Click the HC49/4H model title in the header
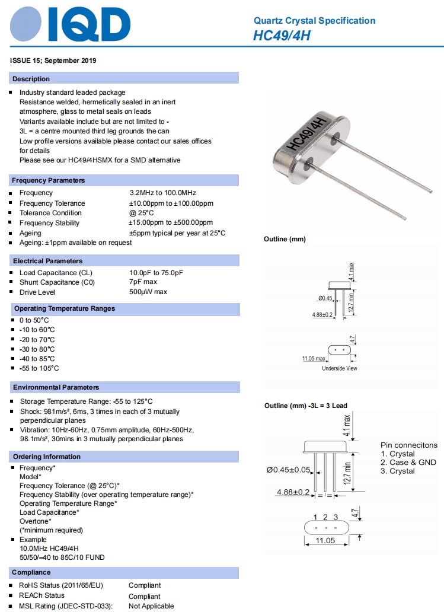point(282,36)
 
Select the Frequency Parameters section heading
point(49,180)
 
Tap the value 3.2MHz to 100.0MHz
point(162,193)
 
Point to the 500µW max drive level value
point(148,292)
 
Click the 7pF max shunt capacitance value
point(143,282)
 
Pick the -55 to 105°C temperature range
point(39,368)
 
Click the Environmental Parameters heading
point(56,387)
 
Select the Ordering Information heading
point(46,457)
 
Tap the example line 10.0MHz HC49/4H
point(49,549)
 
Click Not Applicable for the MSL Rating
point(151,606)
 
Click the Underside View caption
point(340,368)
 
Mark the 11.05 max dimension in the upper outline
point(314,359)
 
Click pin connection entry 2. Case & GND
point(408,463)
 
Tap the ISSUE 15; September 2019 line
point(53,60)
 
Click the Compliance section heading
point(31,573)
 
